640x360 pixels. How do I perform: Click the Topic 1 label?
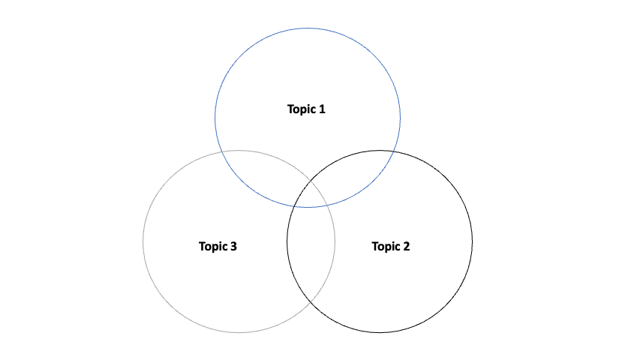click(306, 109)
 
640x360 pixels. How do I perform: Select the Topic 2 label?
click(391, 246)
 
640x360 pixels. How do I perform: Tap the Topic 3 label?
click(218, 246)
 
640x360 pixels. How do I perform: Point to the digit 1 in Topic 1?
click(322, 109)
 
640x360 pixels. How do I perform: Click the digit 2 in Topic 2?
click(407, 246)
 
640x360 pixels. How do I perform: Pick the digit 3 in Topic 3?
click(234, 246)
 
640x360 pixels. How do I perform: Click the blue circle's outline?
click(308, 28)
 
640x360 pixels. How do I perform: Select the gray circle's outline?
click(143, 241)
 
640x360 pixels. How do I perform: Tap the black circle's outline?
click(473, 241)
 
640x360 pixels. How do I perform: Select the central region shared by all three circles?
click(309, 195)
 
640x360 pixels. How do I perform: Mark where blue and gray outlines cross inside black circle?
click(327, 203)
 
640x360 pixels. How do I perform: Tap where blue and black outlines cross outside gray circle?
click(395, 152)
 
